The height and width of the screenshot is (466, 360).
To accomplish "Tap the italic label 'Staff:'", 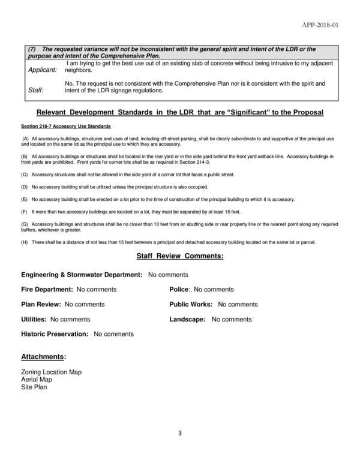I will (37, 91).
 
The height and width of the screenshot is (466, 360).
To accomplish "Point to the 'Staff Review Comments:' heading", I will (180, 257).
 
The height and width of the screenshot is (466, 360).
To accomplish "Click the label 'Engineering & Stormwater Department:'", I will (82, 275).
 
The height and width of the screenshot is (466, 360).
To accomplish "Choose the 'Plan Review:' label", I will (41, 305).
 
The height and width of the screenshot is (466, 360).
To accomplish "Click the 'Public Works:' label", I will (191, 305).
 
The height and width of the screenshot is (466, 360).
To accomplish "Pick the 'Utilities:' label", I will (34, 320).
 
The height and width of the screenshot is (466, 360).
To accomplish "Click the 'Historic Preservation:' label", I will (55, 334).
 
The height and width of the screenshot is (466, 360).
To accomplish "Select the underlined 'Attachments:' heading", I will (44, 357).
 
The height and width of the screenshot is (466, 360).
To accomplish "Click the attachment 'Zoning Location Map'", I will (51, 372).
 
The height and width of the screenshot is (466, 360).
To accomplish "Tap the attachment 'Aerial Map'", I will (37, 380).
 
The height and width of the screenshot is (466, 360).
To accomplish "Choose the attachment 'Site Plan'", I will (34, 387).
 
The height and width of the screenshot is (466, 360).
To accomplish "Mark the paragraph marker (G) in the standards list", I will (25, 223).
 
